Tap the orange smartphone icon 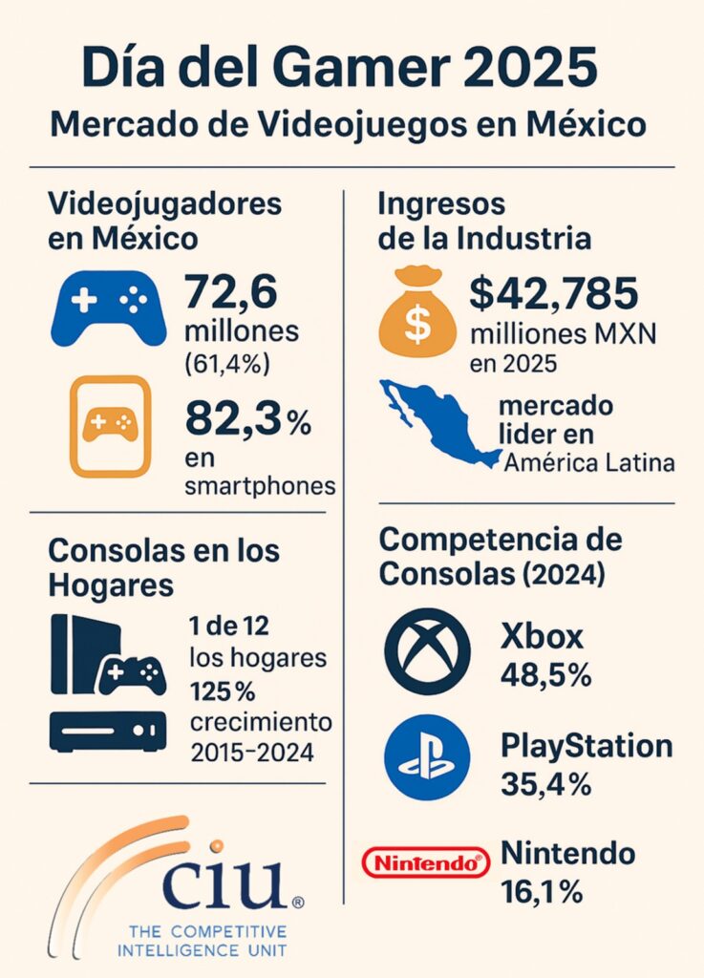click(x=109, y=426)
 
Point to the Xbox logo click(x=427, y=651)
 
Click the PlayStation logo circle click(x=427, y=757)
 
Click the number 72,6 click(x=230, y=291)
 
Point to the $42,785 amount click(x=553, y=293)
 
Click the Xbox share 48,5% click(x=545, y=675)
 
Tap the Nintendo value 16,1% click(x=542, y=892)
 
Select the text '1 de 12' click(x=229, y=627)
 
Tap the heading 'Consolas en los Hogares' click(x=163, y=566)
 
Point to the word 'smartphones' click(x=260, y=486)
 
